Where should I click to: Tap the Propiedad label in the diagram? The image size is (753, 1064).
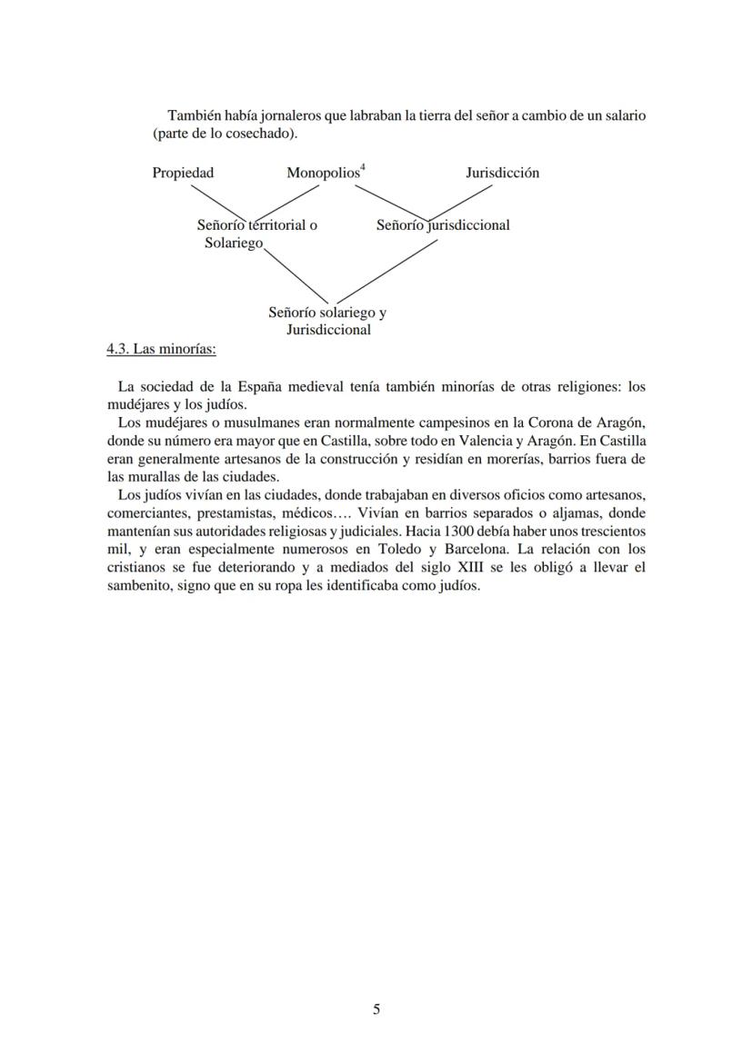183,173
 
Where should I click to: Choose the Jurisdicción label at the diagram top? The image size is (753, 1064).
502,173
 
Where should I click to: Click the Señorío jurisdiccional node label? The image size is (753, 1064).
443,225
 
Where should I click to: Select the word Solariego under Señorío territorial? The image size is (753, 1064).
233,244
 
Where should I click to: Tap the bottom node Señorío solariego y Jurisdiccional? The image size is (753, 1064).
327,321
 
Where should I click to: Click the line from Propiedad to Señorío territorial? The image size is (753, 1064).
215,201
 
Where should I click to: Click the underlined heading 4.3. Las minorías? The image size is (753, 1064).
161,349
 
